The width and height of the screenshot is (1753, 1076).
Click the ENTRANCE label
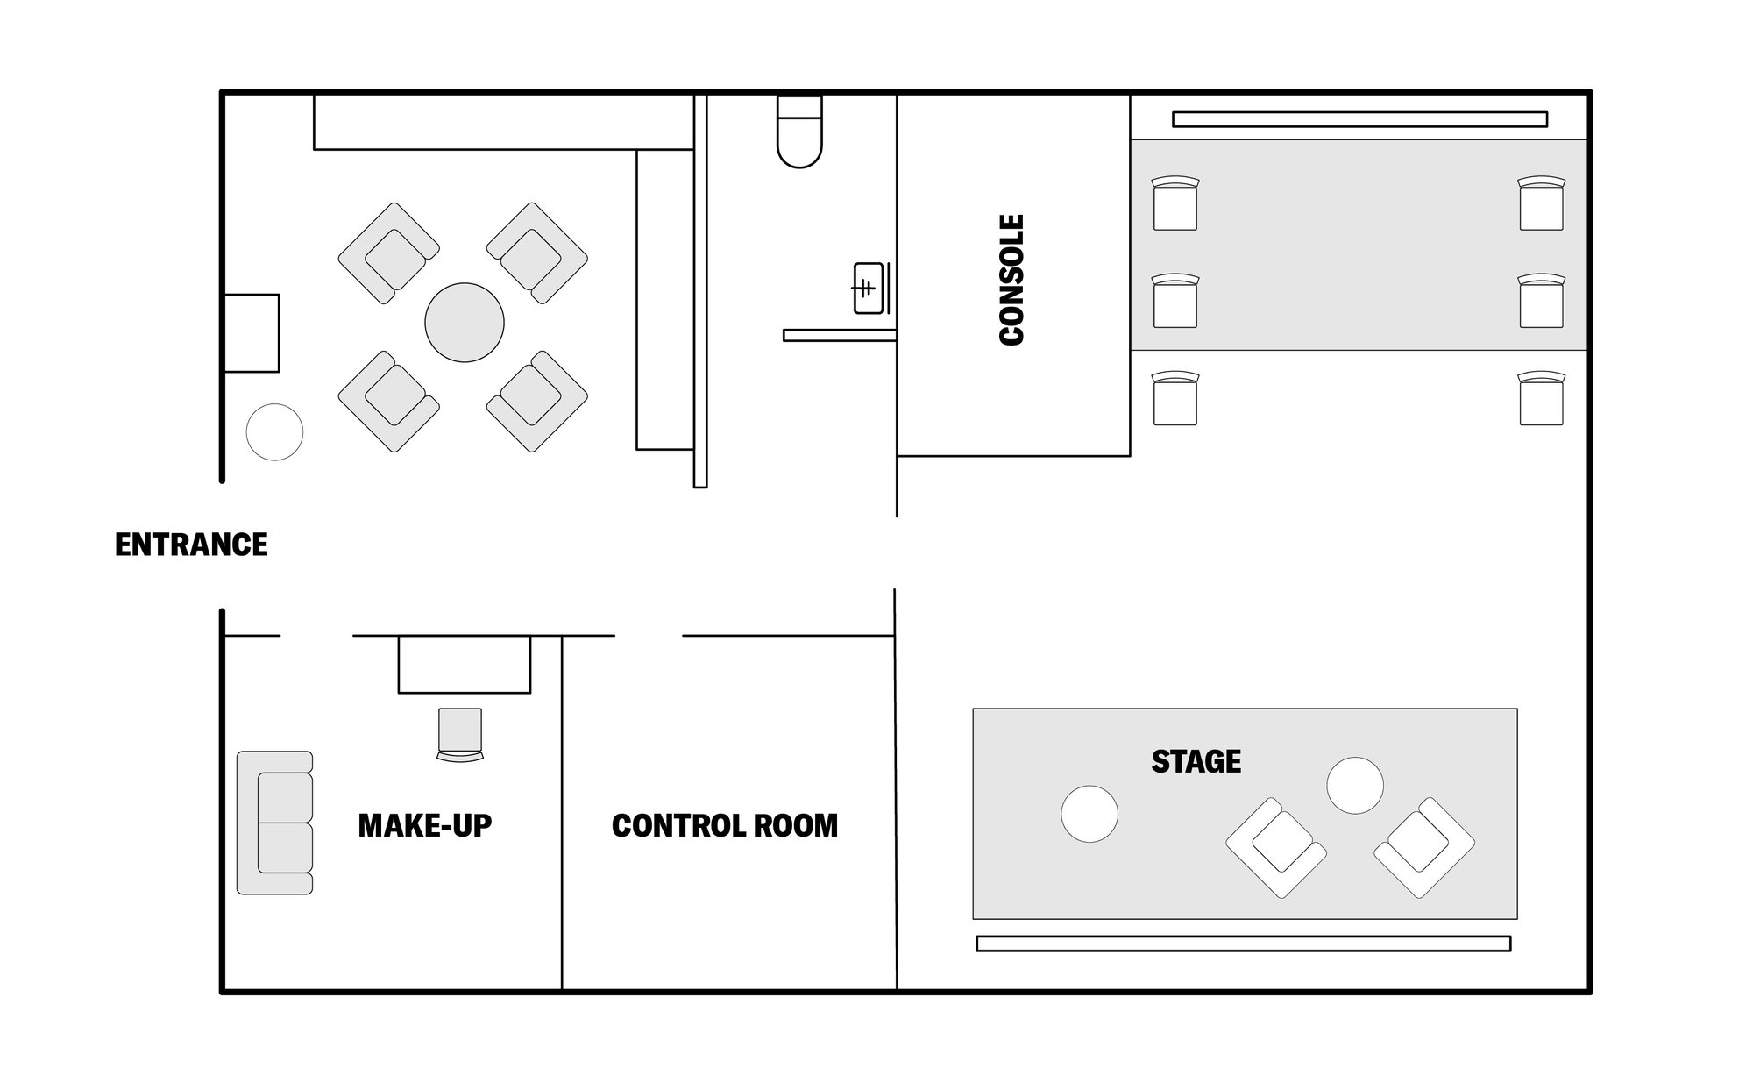pyautogui.click(x=191, y=545)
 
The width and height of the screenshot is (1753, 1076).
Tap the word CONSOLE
pyautogui.click(x=1011, y=280)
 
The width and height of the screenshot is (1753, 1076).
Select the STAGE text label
pyautogui.click(x=1196, y=761)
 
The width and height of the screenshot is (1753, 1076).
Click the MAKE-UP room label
pyautogui.click(x=425, y=825)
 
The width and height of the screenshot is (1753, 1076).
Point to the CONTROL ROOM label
pyautogui.click(x=724, y=825)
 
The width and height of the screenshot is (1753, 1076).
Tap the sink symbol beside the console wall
pyautogui.click(x=869, y=288)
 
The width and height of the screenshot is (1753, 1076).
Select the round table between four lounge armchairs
pyautogui.click(x=464, y=322)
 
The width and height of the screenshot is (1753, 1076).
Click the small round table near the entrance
pyautogui.click(x=274, y=431)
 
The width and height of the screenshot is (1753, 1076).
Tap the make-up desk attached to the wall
pyautogui.click(x=464, y=664)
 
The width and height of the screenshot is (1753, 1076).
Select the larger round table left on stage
pyautogui.click(x=1089, y=814)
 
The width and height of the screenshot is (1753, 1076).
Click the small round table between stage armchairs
pyautogui.click(x=1354, y=785)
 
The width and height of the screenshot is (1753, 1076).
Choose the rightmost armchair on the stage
pyautogui.click(x=1424, y=847)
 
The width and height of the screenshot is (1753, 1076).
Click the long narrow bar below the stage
pyautogui.click(x=1243, y=944)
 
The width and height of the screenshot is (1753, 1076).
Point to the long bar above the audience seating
pyautogui.click(x=1359, y=119)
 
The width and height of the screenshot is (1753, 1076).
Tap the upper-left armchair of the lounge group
pyautogui.click(x=388, y=253)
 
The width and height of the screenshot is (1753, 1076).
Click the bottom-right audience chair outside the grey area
pyautogui.click(x=1541, y=399)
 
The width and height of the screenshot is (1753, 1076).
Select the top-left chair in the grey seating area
pyautogui.click(x=1175, y=203)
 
